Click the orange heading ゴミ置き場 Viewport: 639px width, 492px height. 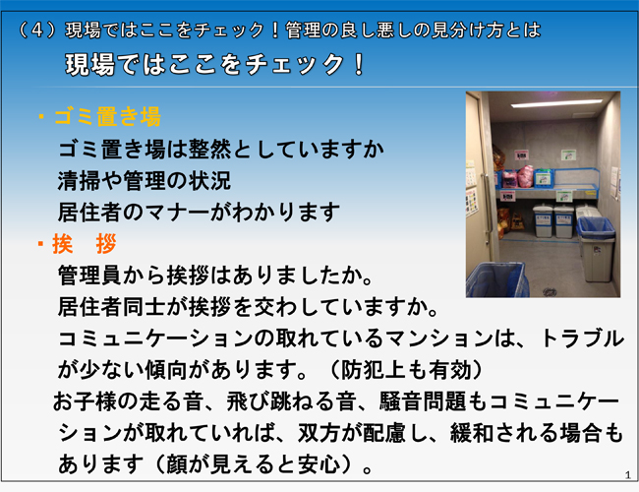(x=107, y=117)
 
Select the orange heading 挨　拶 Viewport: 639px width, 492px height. (x=84, y=244)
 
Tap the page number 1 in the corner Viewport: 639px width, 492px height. (x=627, y=475)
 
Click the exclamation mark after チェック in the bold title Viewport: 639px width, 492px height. (x=359, y=65)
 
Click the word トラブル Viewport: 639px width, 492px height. (x=582, y=338)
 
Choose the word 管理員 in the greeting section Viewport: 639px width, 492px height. (x=89, y=276)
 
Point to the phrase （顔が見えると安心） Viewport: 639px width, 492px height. (x=253, y=464)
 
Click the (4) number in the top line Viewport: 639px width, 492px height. (x=37, y=31)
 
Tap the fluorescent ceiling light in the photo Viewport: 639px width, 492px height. (x=556, y=103)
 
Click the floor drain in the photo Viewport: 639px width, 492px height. (x=550, y=291)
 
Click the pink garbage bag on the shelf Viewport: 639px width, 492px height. (x=525, y=176)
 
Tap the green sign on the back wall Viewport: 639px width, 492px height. (x=568, y=155)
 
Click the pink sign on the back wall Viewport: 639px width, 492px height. (x=522, y=155)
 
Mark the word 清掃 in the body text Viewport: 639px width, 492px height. (x=79, y=181)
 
